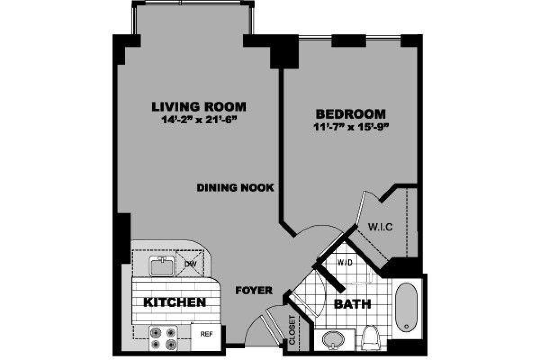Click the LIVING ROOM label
pos(198,107)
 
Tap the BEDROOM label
pos(351,113)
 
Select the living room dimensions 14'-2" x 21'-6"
pos(198,120)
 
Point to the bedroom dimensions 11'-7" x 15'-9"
pos(351,126)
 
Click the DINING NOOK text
pos(235,188)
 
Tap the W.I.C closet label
pos(380,227)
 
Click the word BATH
pos(353,304)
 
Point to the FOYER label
pos(254,291)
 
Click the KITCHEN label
pos(175,302)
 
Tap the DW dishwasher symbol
pos(191,262)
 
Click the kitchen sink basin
pos(162,267)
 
